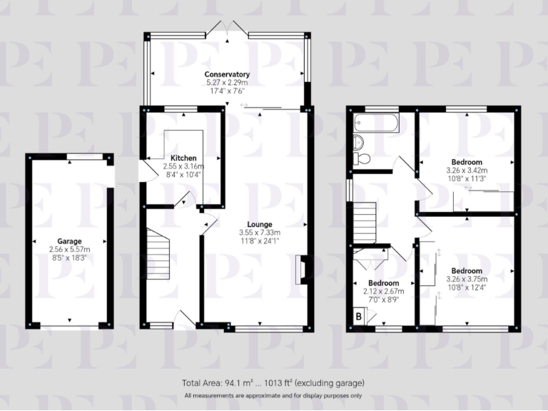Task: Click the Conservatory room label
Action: pyautogui.click(x=227, y=74)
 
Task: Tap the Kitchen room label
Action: pyautogui.click(x=183, y=158)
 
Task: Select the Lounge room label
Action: pyautogui.click(x=260, y=223)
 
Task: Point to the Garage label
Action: pyautogui.click(x=70, y=241)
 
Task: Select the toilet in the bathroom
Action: pyautogui.click(x=361, y=158)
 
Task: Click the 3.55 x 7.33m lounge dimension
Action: pyautogui.click(x=260, y=232)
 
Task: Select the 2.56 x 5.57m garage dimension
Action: pyautogui.click(x=70, y=250)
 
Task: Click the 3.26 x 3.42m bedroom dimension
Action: pyautogui.click(x=467, y=171)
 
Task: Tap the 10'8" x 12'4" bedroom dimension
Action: pyautogui.click(x=467, y=288)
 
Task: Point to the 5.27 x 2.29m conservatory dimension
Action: pyautogui.click(x=227, y=83)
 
